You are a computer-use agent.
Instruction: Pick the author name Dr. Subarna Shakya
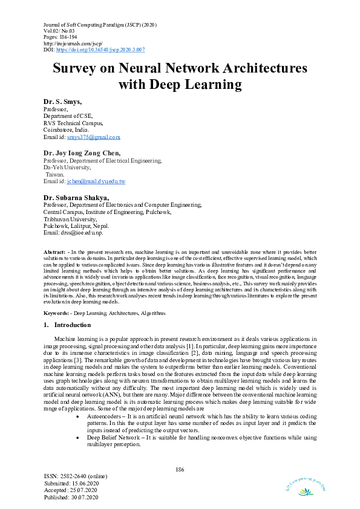(76, 198)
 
